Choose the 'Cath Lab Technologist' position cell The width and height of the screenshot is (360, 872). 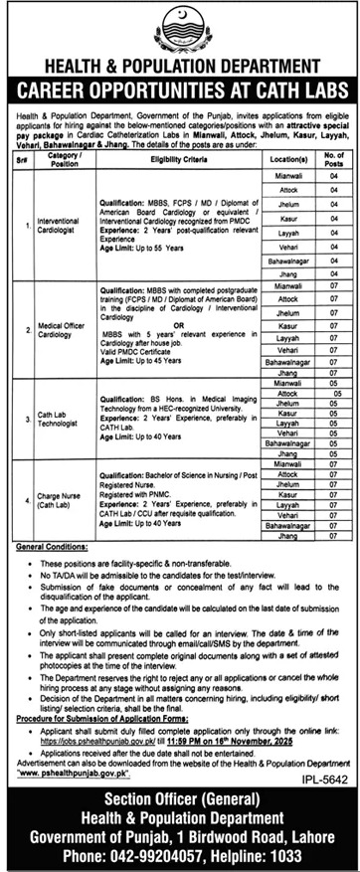[58, 420]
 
